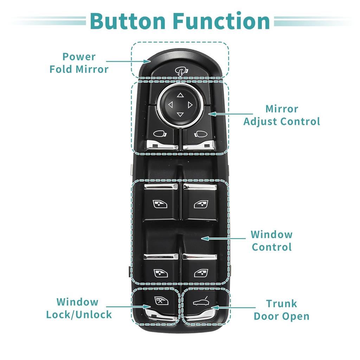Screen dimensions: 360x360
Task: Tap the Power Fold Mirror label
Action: pyautogui.click(x=79, y=63)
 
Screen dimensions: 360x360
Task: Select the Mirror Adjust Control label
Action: pyautogui.click(x=282, y=115)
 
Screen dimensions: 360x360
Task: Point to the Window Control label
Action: pyautogui.click(x=271, y=240)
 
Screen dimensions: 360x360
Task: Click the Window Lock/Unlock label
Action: pyautogui.click(x=79, y=308)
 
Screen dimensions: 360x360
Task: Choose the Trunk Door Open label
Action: pyautogui.click(x=281, y=309)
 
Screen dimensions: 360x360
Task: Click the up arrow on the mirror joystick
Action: pyautogui.click(x=180, y=95)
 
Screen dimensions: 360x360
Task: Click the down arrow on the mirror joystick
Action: pyautogui.click(x=180, y=114)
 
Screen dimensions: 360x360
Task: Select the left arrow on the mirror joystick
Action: pyautogui.click(x=171, y=104)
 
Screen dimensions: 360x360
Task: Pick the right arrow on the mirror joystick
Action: pyautogui.click(x=190, y=104)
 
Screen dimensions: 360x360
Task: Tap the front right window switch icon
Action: pyautogui.click(x=201, y=204)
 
